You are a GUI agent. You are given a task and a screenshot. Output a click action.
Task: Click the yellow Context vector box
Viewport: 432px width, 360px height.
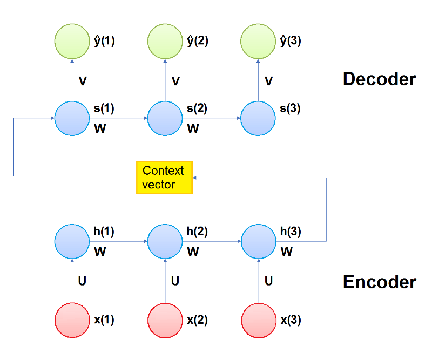[x=164, y=178]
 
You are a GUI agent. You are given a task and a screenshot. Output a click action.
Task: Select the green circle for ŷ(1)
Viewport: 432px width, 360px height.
[x=71, y=41]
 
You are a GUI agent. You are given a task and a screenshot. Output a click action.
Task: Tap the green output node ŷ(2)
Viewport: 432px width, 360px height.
[x=164, y=41]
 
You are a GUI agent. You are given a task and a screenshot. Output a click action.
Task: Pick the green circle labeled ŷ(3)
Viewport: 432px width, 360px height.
[x=257, y=41]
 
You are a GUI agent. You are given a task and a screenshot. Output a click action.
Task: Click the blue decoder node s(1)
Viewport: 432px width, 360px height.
[x=71, y=118]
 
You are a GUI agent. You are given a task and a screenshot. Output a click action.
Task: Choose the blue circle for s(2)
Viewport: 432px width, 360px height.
[x=164, y=118]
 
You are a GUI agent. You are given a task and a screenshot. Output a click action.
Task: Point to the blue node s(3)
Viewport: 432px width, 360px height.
[x=257, y=118]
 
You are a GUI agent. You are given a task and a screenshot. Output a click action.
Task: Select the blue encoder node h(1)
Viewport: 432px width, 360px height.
[x=71, y=241]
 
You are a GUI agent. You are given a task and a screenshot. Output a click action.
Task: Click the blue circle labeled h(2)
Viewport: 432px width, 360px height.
[x=164, y=241]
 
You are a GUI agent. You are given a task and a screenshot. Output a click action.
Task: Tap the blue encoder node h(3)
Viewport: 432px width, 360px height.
[x=257, y=241]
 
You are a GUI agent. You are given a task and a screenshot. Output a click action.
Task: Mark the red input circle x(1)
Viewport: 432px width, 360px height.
[x=71, y=320]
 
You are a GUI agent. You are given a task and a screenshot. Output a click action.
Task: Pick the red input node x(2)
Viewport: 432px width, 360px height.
[x=164, y=320]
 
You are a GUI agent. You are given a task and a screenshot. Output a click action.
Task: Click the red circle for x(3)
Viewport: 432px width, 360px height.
[x=257, y=320]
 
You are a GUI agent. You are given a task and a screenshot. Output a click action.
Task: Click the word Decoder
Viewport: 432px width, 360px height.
[x=379, y=79]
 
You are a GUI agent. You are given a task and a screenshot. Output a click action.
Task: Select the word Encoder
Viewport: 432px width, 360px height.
[x=379, y=282]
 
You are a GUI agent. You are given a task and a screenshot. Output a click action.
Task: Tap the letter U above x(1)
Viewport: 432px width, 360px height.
[x=83, y=281]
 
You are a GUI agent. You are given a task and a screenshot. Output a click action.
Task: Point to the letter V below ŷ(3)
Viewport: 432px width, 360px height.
[x=268, y=81]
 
